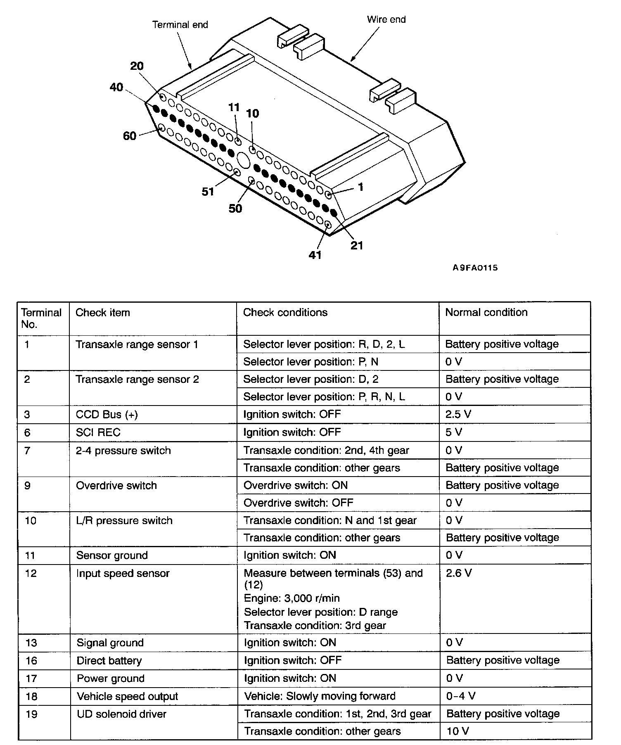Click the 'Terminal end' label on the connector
coord(180,25)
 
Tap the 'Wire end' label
coord(386,19)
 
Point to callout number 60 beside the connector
coord(130,135)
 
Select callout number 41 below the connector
coord(315,255)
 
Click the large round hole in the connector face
coord(243,160)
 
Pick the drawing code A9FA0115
coord(475,268)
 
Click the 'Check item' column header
coord(103,313)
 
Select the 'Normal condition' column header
coord(486,312)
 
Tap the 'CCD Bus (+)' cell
coord(107,415)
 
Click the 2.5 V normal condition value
coord(458,414)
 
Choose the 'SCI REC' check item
coord(98,432)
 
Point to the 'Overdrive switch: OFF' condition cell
coord(298,503)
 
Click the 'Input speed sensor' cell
coord(123,573)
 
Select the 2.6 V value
coord(458,573)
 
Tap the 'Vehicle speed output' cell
coord(127,696)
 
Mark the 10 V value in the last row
coord(457,731)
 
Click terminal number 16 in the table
coord(31,661)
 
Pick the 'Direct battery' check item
coord(109,661)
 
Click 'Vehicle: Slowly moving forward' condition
coord(320,696)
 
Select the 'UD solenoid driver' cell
coord(121,714)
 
